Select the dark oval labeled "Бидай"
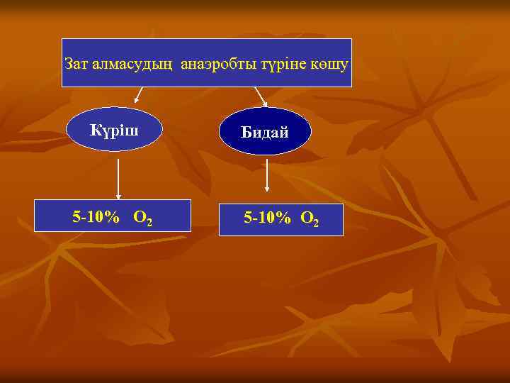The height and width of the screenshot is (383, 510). click(x=264, y=131)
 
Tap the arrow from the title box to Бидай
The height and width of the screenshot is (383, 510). click(x=260, y=96)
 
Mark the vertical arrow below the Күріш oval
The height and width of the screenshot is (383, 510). click(x=118, y=177)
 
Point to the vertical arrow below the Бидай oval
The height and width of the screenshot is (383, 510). click(x=267, y=174)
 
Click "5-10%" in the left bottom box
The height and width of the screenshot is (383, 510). click(x=96, y=217)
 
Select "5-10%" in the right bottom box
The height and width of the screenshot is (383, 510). click(x=267, y=218)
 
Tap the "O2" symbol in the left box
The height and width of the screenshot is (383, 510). click(x=142, y=218)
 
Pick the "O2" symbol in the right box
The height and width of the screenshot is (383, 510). click(x=310, y=220)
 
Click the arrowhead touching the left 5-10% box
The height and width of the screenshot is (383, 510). click(x=118, y=196)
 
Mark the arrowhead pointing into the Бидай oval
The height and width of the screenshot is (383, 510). click(x=264, y=104)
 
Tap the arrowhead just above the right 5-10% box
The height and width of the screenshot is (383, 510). click(x=267, y=189)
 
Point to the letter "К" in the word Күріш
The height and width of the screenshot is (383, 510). click(x=95, y=129)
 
